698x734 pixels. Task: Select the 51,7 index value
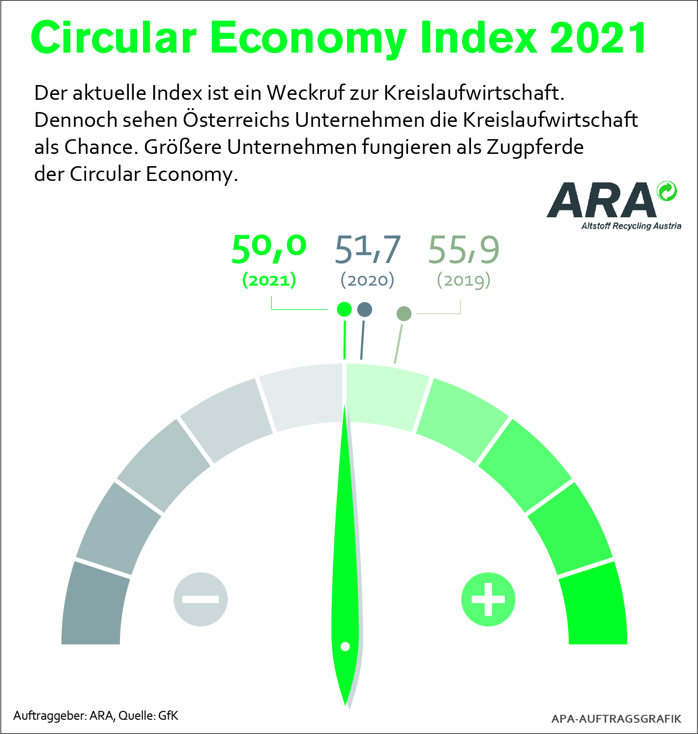(367, 249)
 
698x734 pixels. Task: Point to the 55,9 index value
(464, 249)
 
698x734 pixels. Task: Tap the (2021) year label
(269, 280)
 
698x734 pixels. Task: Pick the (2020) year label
(367, 280)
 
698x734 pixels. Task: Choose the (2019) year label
(464, 280)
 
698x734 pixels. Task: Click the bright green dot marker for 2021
(344, 309)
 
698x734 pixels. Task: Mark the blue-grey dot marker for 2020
(365, 309)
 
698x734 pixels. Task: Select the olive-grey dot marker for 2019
(404, 313)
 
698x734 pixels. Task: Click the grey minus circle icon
(201, 599)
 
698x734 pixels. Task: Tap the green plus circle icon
(488, 599)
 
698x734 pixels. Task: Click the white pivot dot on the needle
(345, 646)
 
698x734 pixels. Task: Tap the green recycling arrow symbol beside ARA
(667, 191)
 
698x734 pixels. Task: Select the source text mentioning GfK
(96, 715)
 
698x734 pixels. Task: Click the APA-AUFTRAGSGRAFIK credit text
(616, 719)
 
